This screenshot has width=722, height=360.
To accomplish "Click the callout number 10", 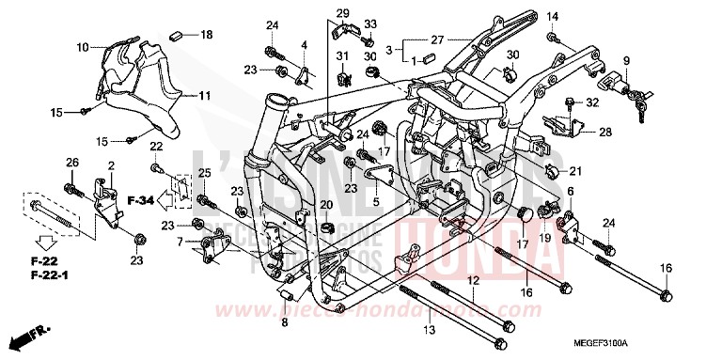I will click(x=83, y=46).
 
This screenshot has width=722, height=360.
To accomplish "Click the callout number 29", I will click(x=343, y=11).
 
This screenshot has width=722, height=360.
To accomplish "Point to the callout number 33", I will click(x=369, y=23).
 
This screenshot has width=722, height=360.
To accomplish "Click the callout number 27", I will click(x=436, y=40).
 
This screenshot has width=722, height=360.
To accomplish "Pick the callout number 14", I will click(x=553, y=16).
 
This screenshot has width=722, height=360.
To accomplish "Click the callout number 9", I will click(x=625, y=62).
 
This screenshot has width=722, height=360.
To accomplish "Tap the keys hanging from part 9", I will click(x=642, y=98).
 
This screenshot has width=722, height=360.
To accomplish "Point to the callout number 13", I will click(x=430, y=331).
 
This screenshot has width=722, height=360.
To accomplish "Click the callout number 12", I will click(x=473, y=281).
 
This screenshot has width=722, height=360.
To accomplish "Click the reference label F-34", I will click(x=141, y=200).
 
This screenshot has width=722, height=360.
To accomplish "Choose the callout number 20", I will click(x=325, y=205).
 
